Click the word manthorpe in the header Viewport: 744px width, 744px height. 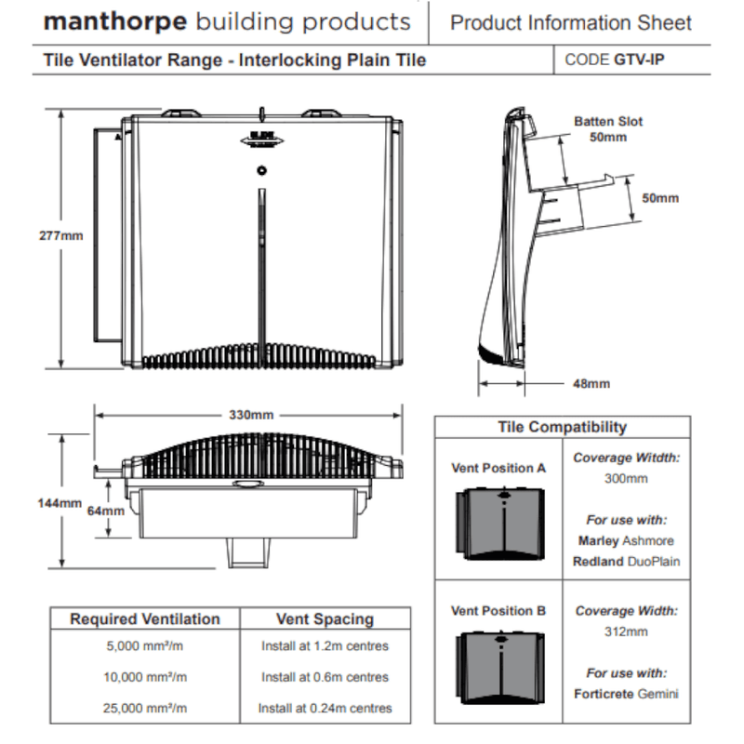(100, 22)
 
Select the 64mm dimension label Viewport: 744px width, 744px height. (105, 511)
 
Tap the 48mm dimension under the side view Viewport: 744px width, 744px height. (591, 383)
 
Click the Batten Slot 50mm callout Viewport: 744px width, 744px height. (607, 129)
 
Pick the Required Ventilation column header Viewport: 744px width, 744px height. (145, 619)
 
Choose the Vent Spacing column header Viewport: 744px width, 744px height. (325, 619)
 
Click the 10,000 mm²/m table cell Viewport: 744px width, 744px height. (145, 677)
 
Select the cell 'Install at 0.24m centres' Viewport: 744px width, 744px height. (325, 708)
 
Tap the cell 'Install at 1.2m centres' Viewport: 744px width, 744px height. (325, 645)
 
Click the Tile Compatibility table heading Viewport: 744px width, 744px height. (562, 428)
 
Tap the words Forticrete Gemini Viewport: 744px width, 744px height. (625, 694)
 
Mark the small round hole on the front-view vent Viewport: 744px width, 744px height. (261, 170)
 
